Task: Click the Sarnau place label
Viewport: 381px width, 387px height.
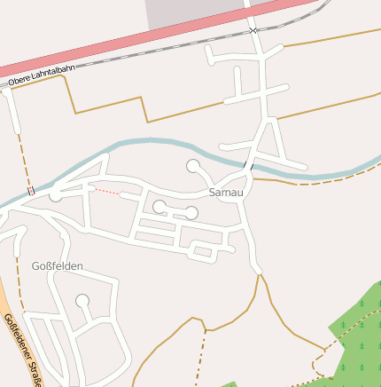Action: (x=225, y=192)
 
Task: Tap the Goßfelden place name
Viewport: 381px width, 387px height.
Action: (x=57, y=265)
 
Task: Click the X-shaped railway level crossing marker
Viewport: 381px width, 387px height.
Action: (x=253, y=30)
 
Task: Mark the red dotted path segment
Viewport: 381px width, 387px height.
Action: (x=105, y=190)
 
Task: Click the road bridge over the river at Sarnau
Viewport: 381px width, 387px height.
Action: (x=248, y=166)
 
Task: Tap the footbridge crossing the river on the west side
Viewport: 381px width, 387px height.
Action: (x=31, y=189)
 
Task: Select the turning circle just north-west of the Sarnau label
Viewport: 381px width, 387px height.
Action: (x=192, y=166)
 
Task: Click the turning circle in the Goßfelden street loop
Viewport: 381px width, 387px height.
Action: (x=82, y=301)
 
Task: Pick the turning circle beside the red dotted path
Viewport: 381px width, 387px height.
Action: (x=56, y=194)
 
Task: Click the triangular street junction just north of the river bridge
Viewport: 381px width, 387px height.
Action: (x=266, y=142)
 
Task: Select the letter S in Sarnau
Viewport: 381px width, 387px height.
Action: (x=212, y=192)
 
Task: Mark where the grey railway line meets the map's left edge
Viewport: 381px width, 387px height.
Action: (x=1, y=85)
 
